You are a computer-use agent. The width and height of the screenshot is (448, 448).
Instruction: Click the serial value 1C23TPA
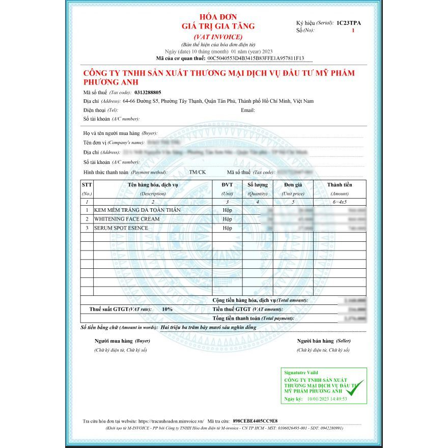pos(349,23)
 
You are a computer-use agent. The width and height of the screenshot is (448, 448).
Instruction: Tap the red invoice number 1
pos(353,31)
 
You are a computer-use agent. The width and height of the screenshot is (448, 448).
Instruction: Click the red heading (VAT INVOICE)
pos(218,37)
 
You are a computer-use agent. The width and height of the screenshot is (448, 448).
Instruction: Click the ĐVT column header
pos(227,185)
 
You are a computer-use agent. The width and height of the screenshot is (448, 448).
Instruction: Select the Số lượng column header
pos(258,185)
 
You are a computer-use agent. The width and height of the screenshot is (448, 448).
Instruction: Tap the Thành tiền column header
pos(340,185)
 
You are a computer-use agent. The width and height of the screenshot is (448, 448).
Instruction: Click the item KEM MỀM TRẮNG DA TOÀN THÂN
pos(137,210)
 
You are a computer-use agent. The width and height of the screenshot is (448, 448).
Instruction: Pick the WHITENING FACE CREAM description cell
pos(127,219)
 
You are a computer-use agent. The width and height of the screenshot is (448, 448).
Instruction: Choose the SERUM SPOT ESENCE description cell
pos(121,228)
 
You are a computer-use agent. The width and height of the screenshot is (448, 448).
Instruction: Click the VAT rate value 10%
pos(167,309)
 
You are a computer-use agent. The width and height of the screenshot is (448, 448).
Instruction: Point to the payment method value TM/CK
pos(198,172)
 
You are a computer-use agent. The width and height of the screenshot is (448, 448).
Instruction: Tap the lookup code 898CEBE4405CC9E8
pos(255,422)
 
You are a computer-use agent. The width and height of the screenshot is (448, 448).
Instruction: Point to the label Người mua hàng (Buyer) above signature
pos(122,341)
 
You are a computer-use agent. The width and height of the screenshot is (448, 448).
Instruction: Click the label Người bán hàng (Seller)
pos(324,341)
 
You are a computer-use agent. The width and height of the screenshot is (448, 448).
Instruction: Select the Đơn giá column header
pos(293,185)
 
